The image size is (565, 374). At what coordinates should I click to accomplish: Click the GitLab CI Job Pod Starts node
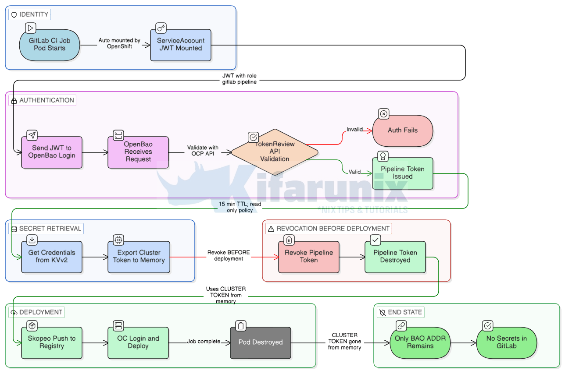pos(50,45)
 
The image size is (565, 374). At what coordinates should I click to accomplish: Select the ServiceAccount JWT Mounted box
pos(180,45)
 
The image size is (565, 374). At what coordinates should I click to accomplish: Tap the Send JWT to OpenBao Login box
pos(52,152)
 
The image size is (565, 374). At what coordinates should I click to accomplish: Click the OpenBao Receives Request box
pos(138,152)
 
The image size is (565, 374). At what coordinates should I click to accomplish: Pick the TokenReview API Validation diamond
pos(275,152)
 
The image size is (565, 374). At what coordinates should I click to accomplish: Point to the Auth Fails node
pos(402,131)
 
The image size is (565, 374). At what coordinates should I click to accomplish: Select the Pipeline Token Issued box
pos(402,173)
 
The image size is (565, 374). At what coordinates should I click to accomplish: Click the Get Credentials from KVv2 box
pos(52,257)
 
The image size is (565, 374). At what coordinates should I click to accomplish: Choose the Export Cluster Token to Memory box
pos(139,257)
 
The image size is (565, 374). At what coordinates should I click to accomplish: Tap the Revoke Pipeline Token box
pos(309,257)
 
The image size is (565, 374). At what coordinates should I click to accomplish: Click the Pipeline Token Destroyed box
pos(395,257)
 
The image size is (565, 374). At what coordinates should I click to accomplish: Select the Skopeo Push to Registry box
pos(52,342)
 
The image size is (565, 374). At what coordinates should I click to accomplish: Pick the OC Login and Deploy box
pos(138,342)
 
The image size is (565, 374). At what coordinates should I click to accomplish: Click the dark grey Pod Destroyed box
pos(261,342)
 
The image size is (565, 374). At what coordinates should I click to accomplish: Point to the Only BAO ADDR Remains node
pos(420,342)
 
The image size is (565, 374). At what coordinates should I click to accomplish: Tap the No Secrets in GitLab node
pos(507,342)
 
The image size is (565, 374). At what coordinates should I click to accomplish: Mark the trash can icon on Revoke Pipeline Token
pos(289,240)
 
